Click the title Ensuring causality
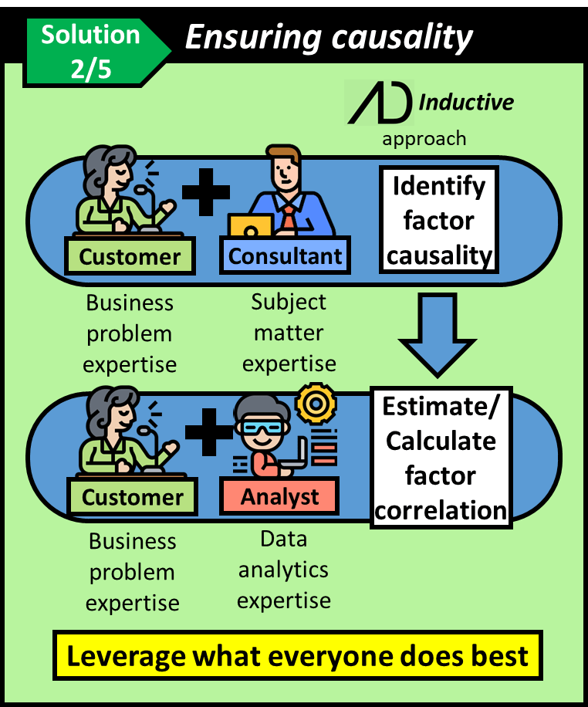[x=328, y=36]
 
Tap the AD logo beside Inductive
[x=378, y=103]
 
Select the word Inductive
[x=466, y=101]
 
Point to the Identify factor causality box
[x=439, y=221]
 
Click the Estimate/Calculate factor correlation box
[x=441, y=458]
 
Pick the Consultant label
[x=286, y=255]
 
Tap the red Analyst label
[x=279, y=496]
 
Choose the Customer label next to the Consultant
[x=130, y=255]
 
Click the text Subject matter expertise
[x=289, y=332]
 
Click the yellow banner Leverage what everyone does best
[x=297, y=655]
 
